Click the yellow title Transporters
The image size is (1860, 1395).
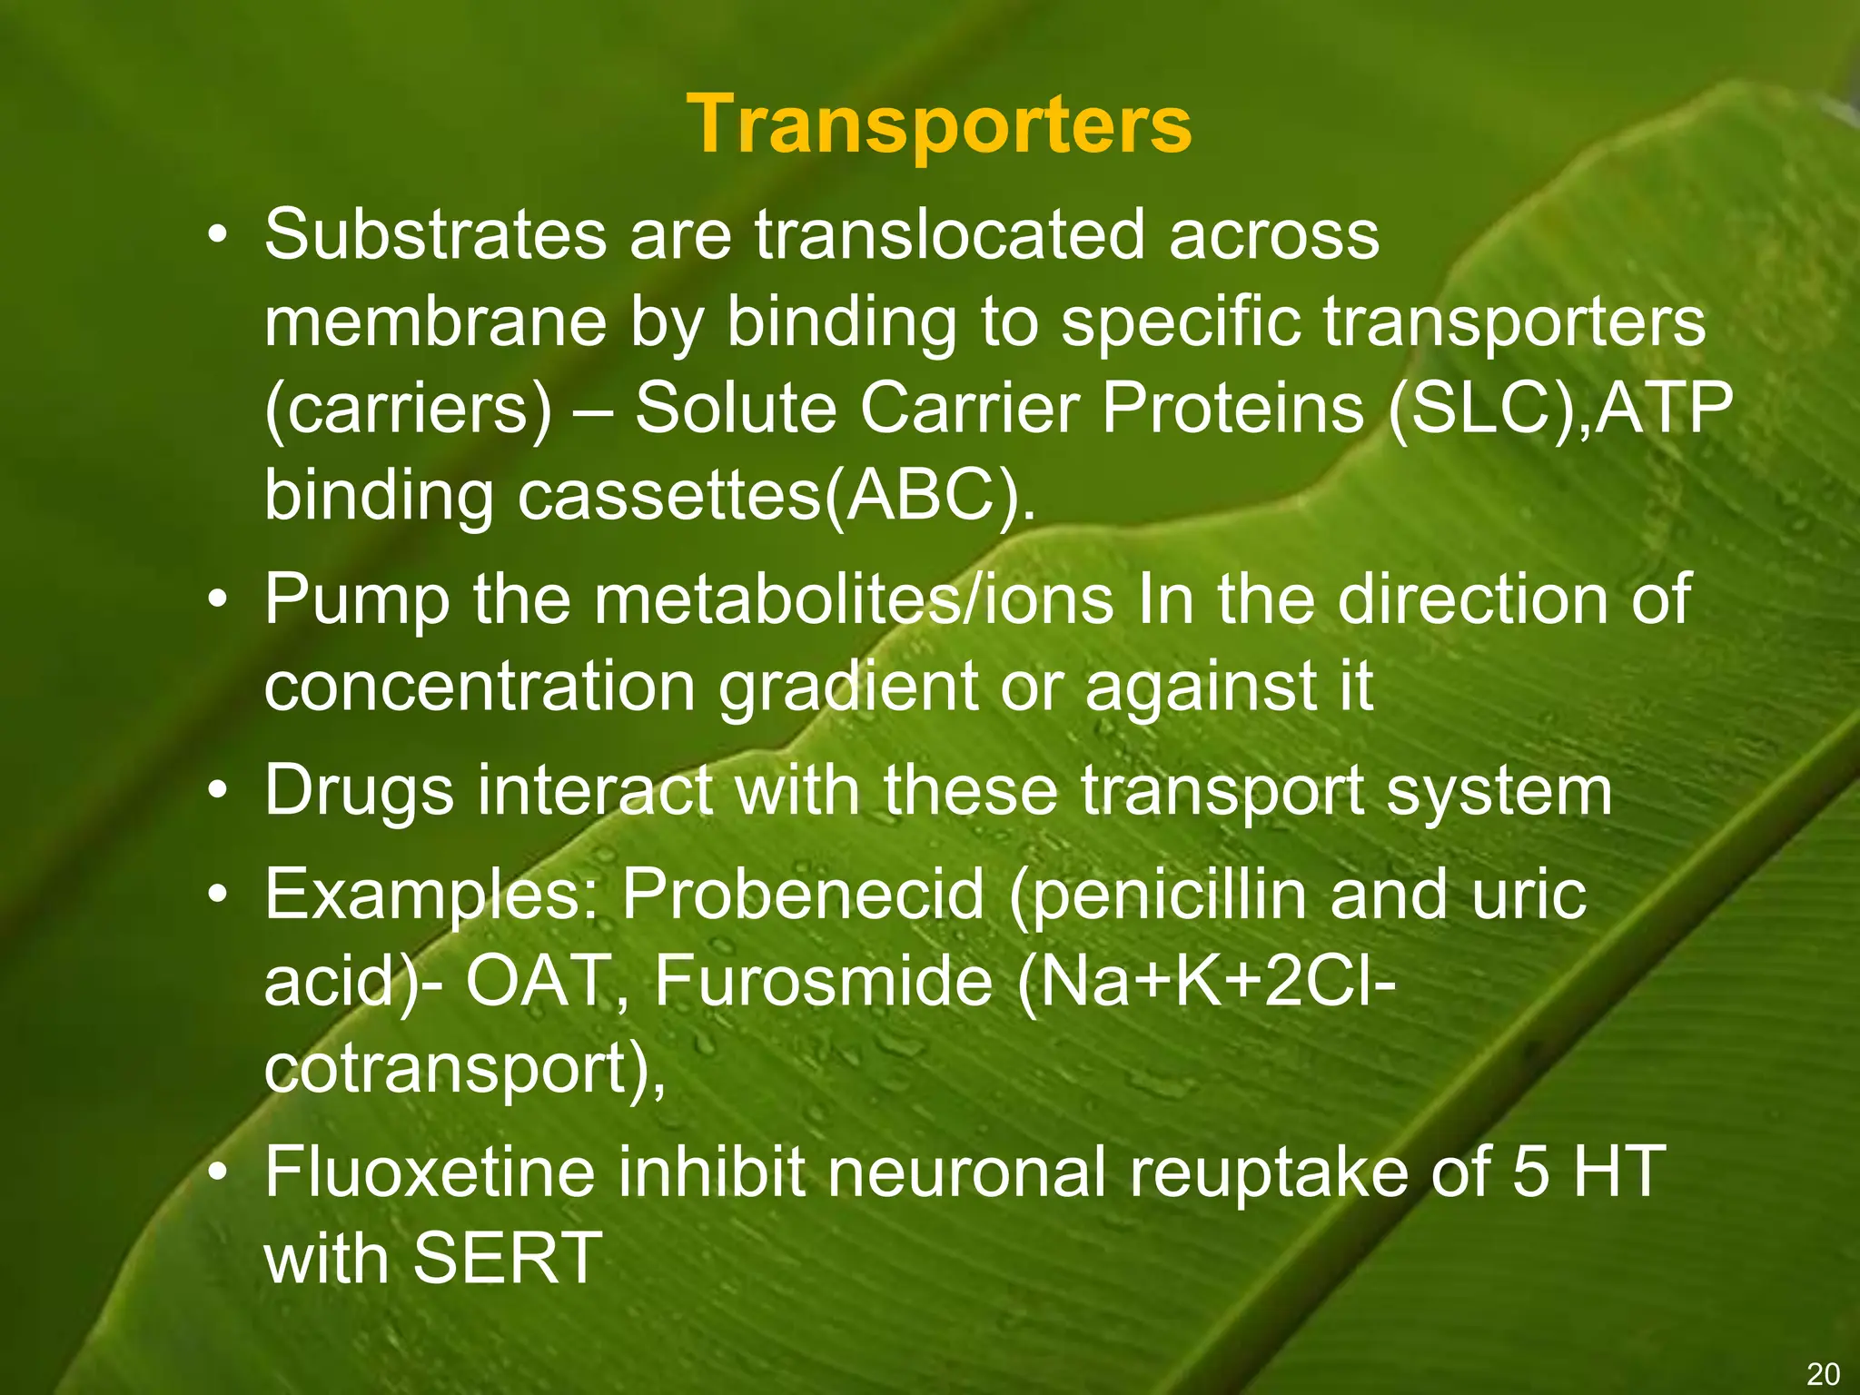click(x=938, y=125)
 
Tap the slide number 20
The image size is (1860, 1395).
click(x=1823, y=1373)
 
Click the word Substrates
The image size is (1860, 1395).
click(x=435, y=234)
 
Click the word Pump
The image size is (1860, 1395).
click(x=357, y=600)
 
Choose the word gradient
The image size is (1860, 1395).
click(x=847, y=688)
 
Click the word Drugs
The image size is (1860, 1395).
click(x=359, y=790)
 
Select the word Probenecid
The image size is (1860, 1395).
click(x=803, y=895)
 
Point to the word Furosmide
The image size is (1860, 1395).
click(x=823, y=982)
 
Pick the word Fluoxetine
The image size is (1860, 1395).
click(x=430, y=1172)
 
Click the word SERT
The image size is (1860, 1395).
click(x=508, y=1259)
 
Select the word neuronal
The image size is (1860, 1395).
click(x=966, y=1172)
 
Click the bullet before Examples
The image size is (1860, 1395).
click(x=216, y=895)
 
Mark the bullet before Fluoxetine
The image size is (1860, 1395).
click(x=216, y=1173)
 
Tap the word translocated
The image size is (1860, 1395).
click(x=950, y=234)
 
